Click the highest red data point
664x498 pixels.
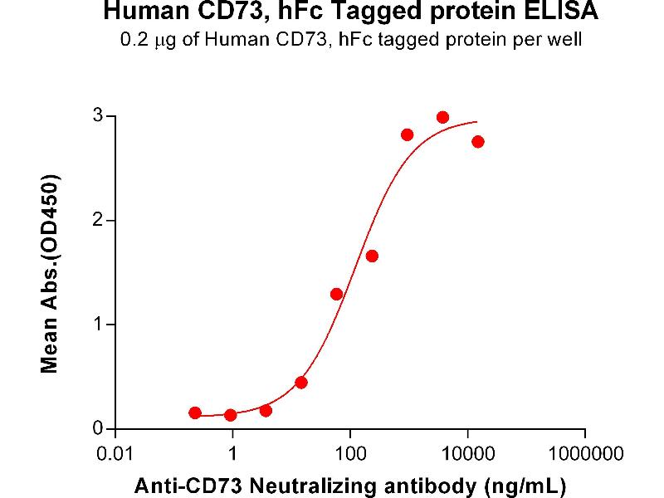click(x=442, y=117)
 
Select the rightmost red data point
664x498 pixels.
click(x=477, y=142)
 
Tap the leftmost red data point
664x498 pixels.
click(x=195, y=413)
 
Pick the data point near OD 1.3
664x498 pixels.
click(x=336, y=294)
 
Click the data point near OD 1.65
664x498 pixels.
click(x=372, y=256)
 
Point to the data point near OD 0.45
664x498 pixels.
click(x=301, y=383)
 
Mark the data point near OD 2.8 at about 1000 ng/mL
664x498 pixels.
click(x=407, y=134)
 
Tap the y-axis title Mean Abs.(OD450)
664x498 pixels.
click(x=51, y=274)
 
